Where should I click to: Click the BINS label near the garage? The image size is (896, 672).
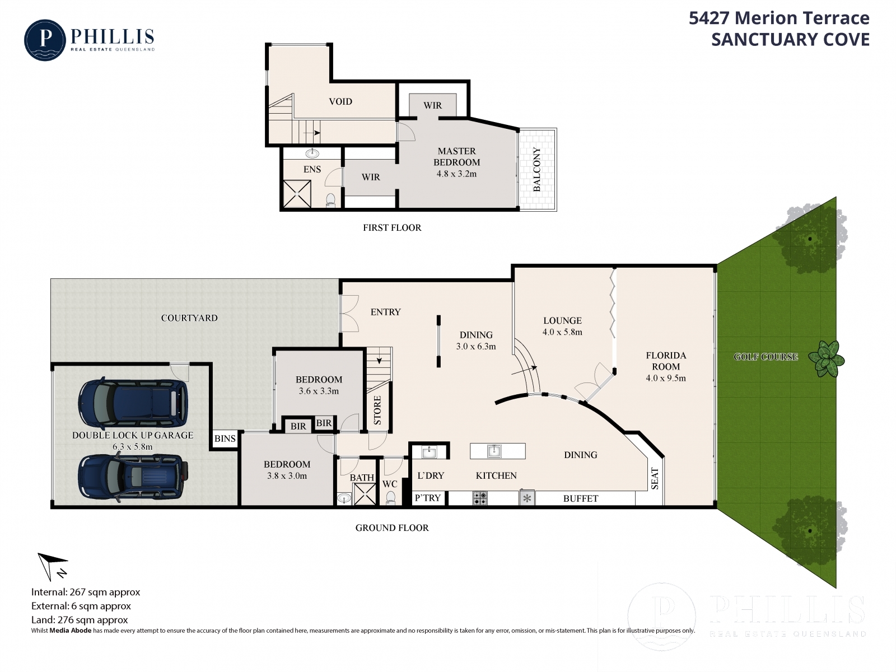pyautogui.click(x=225, y=438)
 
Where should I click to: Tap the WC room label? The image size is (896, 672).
pyautogui.click(x=389, y=484)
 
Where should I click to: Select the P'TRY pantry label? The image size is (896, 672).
pyautogui.click(x=427, y=498)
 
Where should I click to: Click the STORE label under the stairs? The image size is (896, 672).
pyautogui.click(x=377, y=410)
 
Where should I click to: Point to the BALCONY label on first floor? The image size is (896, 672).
pyautogui.click(x=537, y=169)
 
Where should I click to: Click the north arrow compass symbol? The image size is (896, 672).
pyautogui.click(x=52, y=566)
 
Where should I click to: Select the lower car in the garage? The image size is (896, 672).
pyautogui.click(x=133, y=478)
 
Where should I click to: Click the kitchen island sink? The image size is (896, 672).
pyautogui.click(x=494, y=451)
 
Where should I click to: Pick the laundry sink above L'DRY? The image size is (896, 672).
pyautogui.click(x=429, y=452)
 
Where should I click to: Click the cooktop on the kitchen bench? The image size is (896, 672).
pyautogui.click(x=479, y=498)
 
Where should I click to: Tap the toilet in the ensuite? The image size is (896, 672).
pyautogui.click(x=330, y=200)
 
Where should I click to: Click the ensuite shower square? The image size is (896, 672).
pyautogui.click(x=297, y=194)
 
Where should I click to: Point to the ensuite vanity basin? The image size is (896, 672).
pyautogui.click(x=312, y=153)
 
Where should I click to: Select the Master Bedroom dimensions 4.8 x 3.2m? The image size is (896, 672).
pyautogui.click(x=456, y=174)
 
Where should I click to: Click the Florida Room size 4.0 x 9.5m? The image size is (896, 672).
pyautogui.click(x=665, y=378)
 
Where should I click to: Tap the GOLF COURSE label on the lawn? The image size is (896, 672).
pyautogui.click(x=766, y=357)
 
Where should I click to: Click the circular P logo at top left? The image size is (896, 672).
pyautogui.click(x=45, y=40)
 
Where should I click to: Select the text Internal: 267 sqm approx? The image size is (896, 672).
pyautogui.click(x=86, y=592)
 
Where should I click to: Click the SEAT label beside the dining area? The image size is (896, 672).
pyautogui.click(x=655, y=479)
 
